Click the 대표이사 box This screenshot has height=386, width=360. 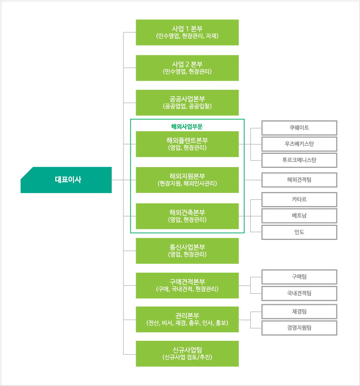click(66, 180)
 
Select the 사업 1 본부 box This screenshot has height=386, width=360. click(187, 32)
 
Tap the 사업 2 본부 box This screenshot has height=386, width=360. click(187, 68)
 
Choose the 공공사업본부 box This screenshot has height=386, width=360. click(187, 103)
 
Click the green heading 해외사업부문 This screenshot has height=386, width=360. click(187, 127)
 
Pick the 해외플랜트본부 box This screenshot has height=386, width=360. click(187, 144)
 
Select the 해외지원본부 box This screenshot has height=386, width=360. click(187, 180)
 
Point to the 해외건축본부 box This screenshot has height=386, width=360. click(187, 216)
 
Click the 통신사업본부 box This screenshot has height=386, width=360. click(187, 251)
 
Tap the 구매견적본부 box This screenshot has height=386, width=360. click(187, 286)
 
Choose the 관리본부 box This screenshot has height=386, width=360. click(187, 319)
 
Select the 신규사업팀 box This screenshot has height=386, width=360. click(187, 354)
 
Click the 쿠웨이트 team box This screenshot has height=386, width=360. click(299, 128)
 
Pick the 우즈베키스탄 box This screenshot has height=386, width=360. click(299, 144)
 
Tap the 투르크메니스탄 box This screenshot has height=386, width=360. click(299, 160)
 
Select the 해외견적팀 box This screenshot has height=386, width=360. click(299, 180)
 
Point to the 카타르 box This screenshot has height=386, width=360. click(299, 200)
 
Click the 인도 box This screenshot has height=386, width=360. click(299, 232)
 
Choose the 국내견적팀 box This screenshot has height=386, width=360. click(299, 293)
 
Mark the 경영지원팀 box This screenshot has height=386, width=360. click(299, 328)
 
